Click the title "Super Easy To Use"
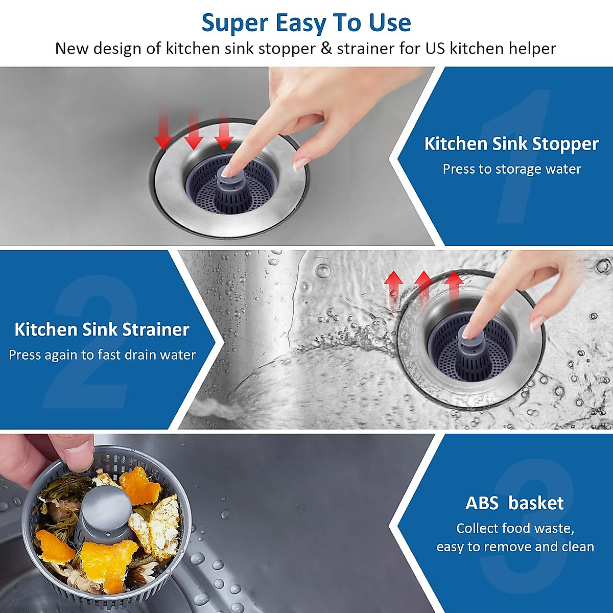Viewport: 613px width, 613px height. tap(306, 23)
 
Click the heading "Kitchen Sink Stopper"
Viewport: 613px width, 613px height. tap(511, 144)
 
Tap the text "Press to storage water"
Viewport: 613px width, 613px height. tap(511, 169)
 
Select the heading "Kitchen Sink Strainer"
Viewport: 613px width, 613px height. tap(102, 329)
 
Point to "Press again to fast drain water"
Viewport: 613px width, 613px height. tap(102, 355)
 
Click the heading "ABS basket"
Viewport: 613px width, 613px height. tap(514, 503)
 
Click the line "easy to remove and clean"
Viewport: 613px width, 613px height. tap(515, 547)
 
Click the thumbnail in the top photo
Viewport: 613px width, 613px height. tap(301, 163)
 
